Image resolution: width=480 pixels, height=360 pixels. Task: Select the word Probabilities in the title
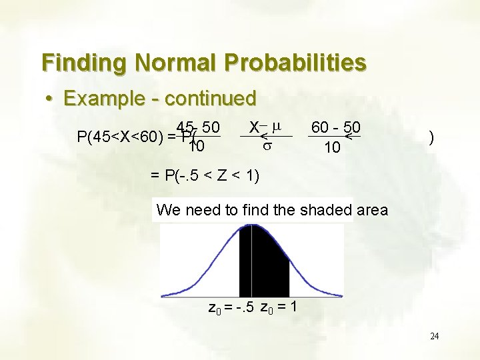pyautogui.click(x=295, y=63)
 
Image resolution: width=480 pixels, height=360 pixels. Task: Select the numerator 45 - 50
pyautogui.click(x=199, y=127)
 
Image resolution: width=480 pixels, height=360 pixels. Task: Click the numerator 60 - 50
pyautogui.click(x=336, y=127)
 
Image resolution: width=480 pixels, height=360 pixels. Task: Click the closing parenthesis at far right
pyautogui.click(x=433, y=138)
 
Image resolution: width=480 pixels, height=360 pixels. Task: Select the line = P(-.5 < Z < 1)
pyautogui.click(x=205, y=176)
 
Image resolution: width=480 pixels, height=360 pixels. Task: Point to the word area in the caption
pyautogui.click(x=372, y=211)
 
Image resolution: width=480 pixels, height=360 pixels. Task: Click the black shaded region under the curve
pyautogui.click(x=263, y=260)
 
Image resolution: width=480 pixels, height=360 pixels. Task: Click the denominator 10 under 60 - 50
pyautogui.click(x=331, y=147)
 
